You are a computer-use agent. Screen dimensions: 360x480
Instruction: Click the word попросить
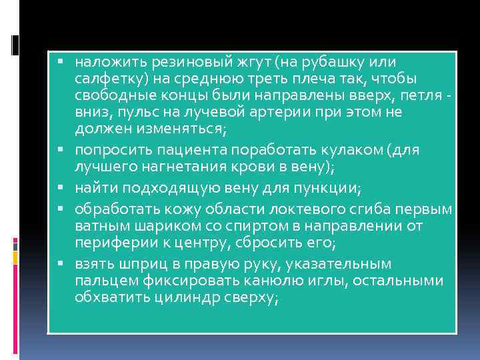(x=109, y=149)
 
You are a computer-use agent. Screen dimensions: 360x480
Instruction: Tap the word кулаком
(x=343, y=149)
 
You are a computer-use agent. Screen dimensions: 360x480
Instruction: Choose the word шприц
(x=135, y=263)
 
